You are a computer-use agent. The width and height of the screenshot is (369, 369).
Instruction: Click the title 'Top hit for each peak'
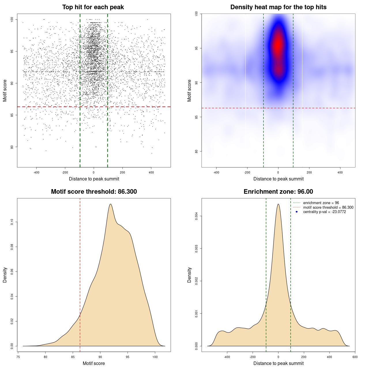[x=93, y=7]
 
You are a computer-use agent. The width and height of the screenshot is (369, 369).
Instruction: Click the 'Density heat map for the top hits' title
[x=278, y=7]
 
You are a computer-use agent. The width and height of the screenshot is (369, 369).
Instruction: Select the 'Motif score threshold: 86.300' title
[x=94, y=192]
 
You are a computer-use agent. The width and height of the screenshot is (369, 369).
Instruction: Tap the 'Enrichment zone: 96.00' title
[x=278, y=192]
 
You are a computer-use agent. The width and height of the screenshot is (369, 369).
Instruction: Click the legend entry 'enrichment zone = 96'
[x=321, y=203]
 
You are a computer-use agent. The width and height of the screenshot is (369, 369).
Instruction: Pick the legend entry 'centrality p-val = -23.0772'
[x=324, y=212]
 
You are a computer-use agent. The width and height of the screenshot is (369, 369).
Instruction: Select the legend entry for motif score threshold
[x=328, y=208]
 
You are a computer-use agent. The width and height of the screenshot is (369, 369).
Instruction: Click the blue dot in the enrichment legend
[x=297, y=212]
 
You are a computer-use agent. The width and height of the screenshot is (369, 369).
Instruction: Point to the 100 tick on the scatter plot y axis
[x=12, y=20]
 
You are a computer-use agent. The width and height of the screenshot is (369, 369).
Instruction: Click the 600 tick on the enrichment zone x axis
[x=355, y=357]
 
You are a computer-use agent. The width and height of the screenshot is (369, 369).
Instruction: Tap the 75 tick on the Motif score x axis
[x=18, y=357]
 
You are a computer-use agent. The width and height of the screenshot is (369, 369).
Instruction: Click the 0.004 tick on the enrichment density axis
[x=197, y=216]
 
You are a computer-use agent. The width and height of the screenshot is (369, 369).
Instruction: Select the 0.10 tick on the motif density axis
[x=12, y=222]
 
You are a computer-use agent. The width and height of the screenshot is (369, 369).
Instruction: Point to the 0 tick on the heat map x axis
[x=278, y=172]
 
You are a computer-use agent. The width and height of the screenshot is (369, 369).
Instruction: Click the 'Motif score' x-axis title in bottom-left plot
[x=94, y=363]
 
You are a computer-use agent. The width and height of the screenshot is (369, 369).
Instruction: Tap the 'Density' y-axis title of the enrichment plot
[x=189, y=275]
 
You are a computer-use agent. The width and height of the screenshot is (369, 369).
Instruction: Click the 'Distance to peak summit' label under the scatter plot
[x=94, y=179]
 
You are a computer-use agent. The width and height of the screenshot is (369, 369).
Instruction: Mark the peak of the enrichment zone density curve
[x=278, y=204]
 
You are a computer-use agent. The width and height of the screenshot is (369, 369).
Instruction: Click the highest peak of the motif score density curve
[x=110, y=204]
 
